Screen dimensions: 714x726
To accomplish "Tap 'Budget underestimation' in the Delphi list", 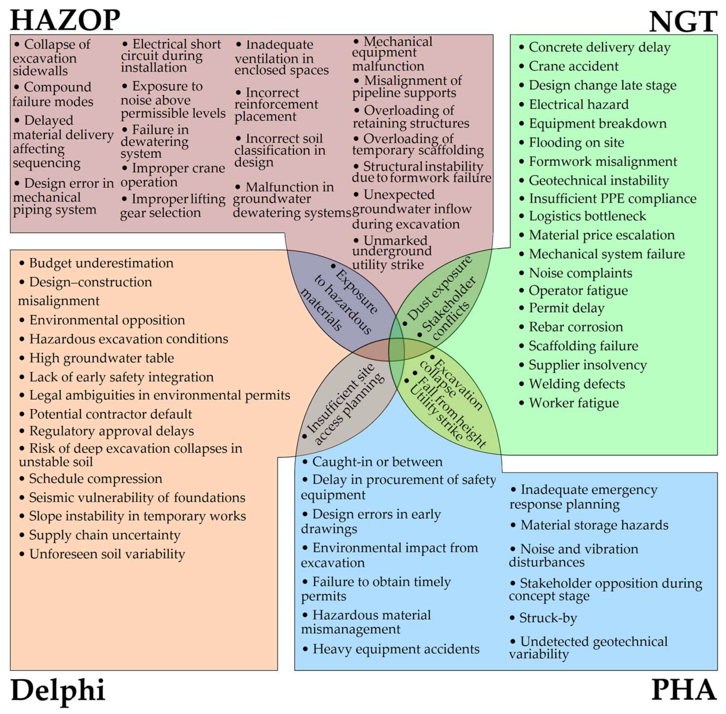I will pos(101,263).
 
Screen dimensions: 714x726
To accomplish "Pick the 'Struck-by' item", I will pos(548,618).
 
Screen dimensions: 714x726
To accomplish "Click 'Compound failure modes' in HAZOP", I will pos(53,94).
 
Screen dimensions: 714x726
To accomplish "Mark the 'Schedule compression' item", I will pos(96,479).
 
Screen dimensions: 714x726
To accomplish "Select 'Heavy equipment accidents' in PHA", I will pos(396,649).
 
